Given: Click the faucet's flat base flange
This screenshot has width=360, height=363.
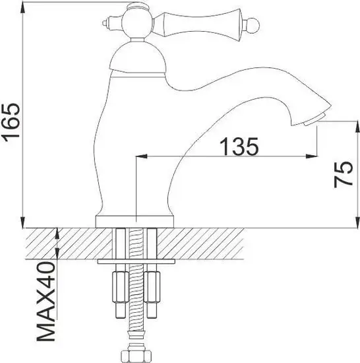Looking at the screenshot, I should click(135, 220).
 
